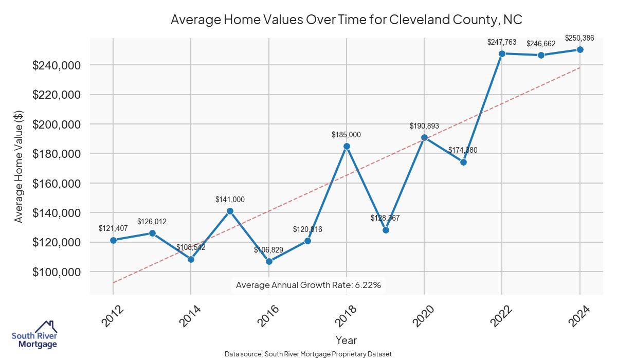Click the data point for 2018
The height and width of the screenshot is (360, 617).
coord(347,146)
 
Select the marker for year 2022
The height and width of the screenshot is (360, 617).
coord(502,53)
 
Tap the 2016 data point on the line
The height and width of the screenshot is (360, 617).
coord(269,261)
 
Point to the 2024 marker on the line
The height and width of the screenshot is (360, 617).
coord(580,49)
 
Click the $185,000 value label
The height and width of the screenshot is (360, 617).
coord(347,135)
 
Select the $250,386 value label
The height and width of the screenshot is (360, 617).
coord(580,38)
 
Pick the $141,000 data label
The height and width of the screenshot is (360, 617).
coord(230,200)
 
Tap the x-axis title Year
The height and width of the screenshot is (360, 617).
coord(346,340)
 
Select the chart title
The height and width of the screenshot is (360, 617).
coord(346,20)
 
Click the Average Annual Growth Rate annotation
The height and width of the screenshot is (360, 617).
coord(308,285)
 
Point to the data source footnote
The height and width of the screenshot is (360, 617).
coord(308,354)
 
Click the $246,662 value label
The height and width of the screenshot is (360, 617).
coord(541,44)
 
